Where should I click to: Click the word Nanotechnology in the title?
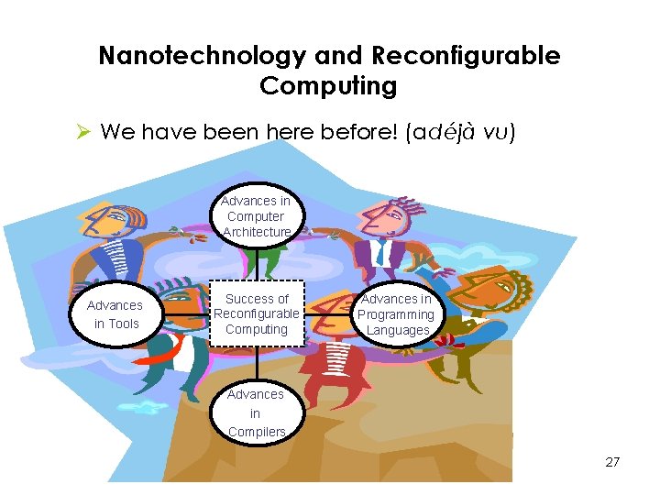coord(202,56)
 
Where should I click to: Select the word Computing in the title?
coord(328,87)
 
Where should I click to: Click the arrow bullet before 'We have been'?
coord(83,132)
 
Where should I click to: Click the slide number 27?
coord(612,462)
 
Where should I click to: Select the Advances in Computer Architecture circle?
coord(256,216)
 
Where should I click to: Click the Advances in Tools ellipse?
coord(117,314)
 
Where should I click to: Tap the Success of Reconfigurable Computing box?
coord(257,313)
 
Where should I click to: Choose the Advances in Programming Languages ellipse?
coord(397,314)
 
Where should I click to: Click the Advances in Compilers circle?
coord(256,412)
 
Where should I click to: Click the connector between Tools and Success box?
coord(187,314)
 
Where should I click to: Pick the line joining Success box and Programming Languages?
coord(327,314)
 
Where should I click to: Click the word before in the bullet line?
coord(358,132)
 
